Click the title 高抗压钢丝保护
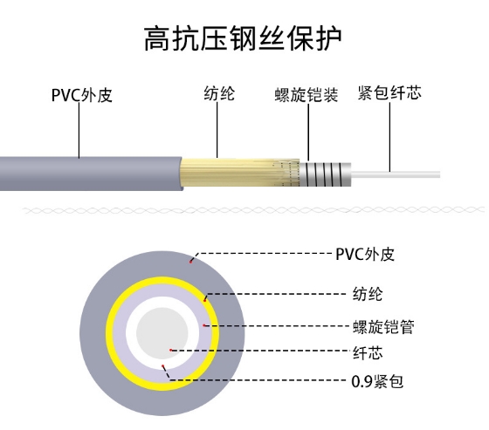pos(243,39)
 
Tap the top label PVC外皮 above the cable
pos(82,95)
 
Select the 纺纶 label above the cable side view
pos(219,93)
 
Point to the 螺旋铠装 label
pos(306,95)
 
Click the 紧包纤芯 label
pos(389,92)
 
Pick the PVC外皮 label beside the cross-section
pos(365,255)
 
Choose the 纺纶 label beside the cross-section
pos(368,294)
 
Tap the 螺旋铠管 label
pos(383,327)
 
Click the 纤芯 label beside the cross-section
pos(368,353)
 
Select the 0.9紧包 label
pos(377,381)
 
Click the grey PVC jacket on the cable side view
pos(91,174)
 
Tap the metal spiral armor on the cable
pos(325,174)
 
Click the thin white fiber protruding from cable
pos(396,174)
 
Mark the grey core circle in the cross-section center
pos(162,333)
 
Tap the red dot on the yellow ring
pos(205,300)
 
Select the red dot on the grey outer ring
pos(190,262)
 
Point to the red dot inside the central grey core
pos(170,350)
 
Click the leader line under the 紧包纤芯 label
pos(389,137)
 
